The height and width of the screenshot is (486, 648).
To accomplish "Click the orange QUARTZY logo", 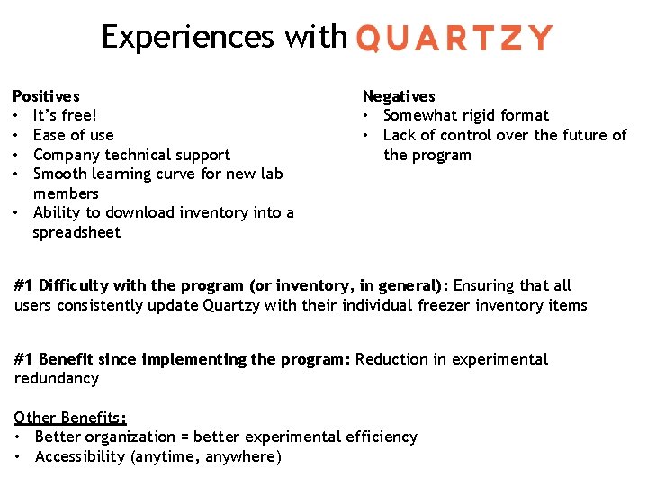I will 454,38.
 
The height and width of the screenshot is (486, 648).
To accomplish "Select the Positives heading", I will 46,96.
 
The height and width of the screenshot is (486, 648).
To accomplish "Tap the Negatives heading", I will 399,96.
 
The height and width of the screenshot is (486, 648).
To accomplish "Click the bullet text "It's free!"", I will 65,115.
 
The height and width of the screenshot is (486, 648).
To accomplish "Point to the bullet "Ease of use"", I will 73,135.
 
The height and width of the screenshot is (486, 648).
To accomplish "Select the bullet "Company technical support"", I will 131,155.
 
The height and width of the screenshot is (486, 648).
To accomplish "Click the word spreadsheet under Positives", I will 76,232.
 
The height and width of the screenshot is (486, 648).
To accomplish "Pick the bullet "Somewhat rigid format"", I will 465,115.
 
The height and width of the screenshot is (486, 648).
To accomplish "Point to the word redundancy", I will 56,378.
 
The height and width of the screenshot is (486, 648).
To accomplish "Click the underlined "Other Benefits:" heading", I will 70,418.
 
